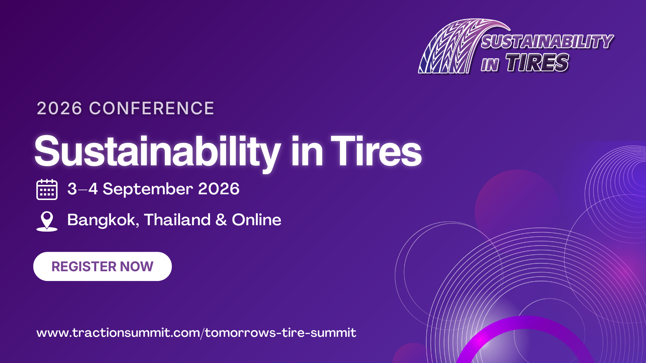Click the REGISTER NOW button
(x=103, y=267)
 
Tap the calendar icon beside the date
(x=47, y=190)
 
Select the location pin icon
(x=47, y=221)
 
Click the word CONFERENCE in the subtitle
(x=151, y=108)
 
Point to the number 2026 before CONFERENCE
(x=60, y=108)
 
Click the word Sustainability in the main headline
(x=157, y=152)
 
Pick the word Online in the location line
(x=256, y=220)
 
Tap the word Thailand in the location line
(x=177, y=220)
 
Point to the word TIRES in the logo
(x=537, y=63)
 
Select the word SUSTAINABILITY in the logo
(x=547, y=42)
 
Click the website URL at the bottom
(x=196, y=333)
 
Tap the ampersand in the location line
(x=221, y=220)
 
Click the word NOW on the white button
(x=137, y=267)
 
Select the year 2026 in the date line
(x=219, y=189)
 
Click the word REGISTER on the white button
(x=84, y=267)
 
